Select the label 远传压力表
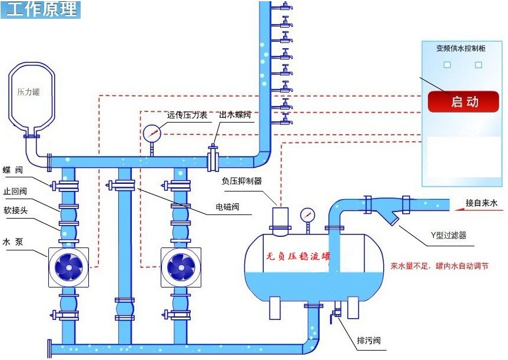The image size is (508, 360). click(x=187, y=115)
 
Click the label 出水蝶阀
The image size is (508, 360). click(x=235, y=115)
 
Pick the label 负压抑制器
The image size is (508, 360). click(x=241, y=181)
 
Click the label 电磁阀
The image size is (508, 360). click(x=227, y=207)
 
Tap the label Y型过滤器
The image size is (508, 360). click(x=449, y=235)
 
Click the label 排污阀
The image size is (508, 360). click(x=369, y=341)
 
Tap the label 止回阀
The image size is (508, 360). click(x=15, y=191)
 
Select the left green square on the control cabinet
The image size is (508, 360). click(x=447, y=64)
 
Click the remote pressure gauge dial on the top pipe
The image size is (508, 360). click(x=151, y=133)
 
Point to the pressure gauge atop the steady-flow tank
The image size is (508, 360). click(x=306, y=216)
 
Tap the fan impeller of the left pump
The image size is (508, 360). click(x=68, y=266)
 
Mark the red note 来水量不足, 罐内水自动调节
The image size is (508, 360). click(x=439, y=266)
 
